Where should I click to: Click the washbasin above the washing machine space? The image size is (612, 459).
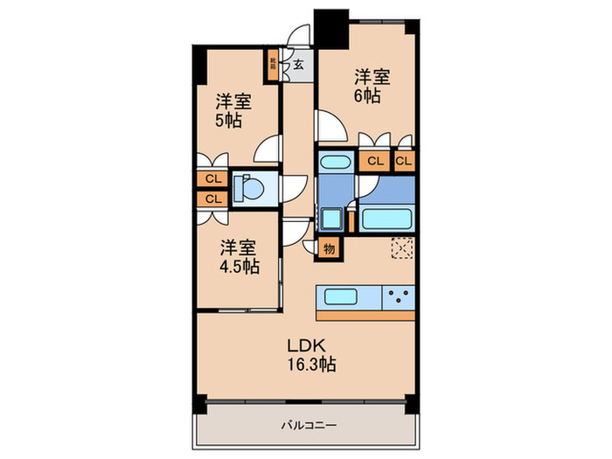coord(332,163)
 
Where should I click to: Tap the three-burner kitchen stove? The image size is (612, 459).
coord(399,296)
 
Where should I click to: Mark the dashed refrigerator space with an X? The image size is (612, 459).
coord(402,248)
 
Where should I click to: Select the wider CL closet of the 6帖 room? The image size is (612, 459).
coord(374,162)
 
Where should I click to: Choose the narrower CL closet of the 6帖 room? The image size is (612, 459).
coord(405,162)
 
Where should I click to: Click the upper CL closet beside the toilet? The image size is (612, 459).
coord(212,179)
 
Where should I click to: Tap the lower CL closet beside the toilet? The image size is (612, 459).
coord(212,199)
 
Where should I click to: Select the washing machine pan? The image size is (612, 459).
coord(331,218)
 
